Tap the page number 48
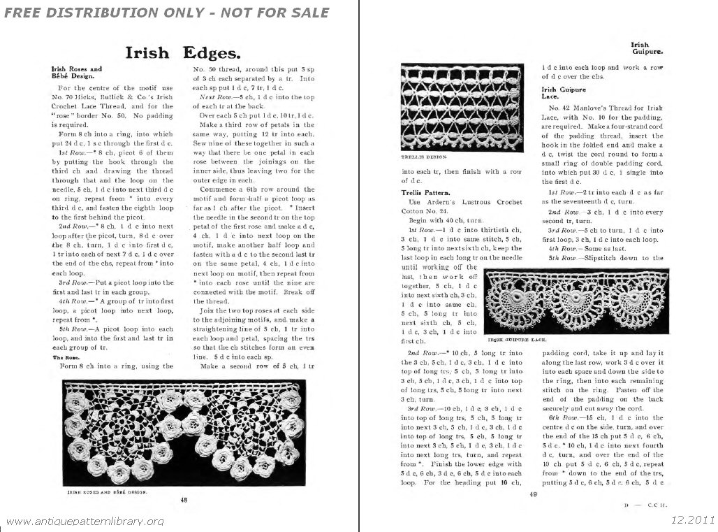tap(184, 499)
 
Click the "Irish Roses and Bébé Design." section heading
tap(77, 73)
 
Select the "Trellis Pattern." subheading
tap(425, 191)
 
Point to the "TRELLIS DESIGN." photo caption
tap(423, 159)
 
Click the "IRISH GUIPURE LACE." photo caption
tap(518, 338)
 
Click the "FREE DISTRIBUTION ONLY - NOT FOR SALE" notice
tap(166, 13)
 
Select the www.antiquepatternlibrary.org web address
tap(84, 521)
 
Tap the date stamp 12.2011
tap(692, 519)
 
